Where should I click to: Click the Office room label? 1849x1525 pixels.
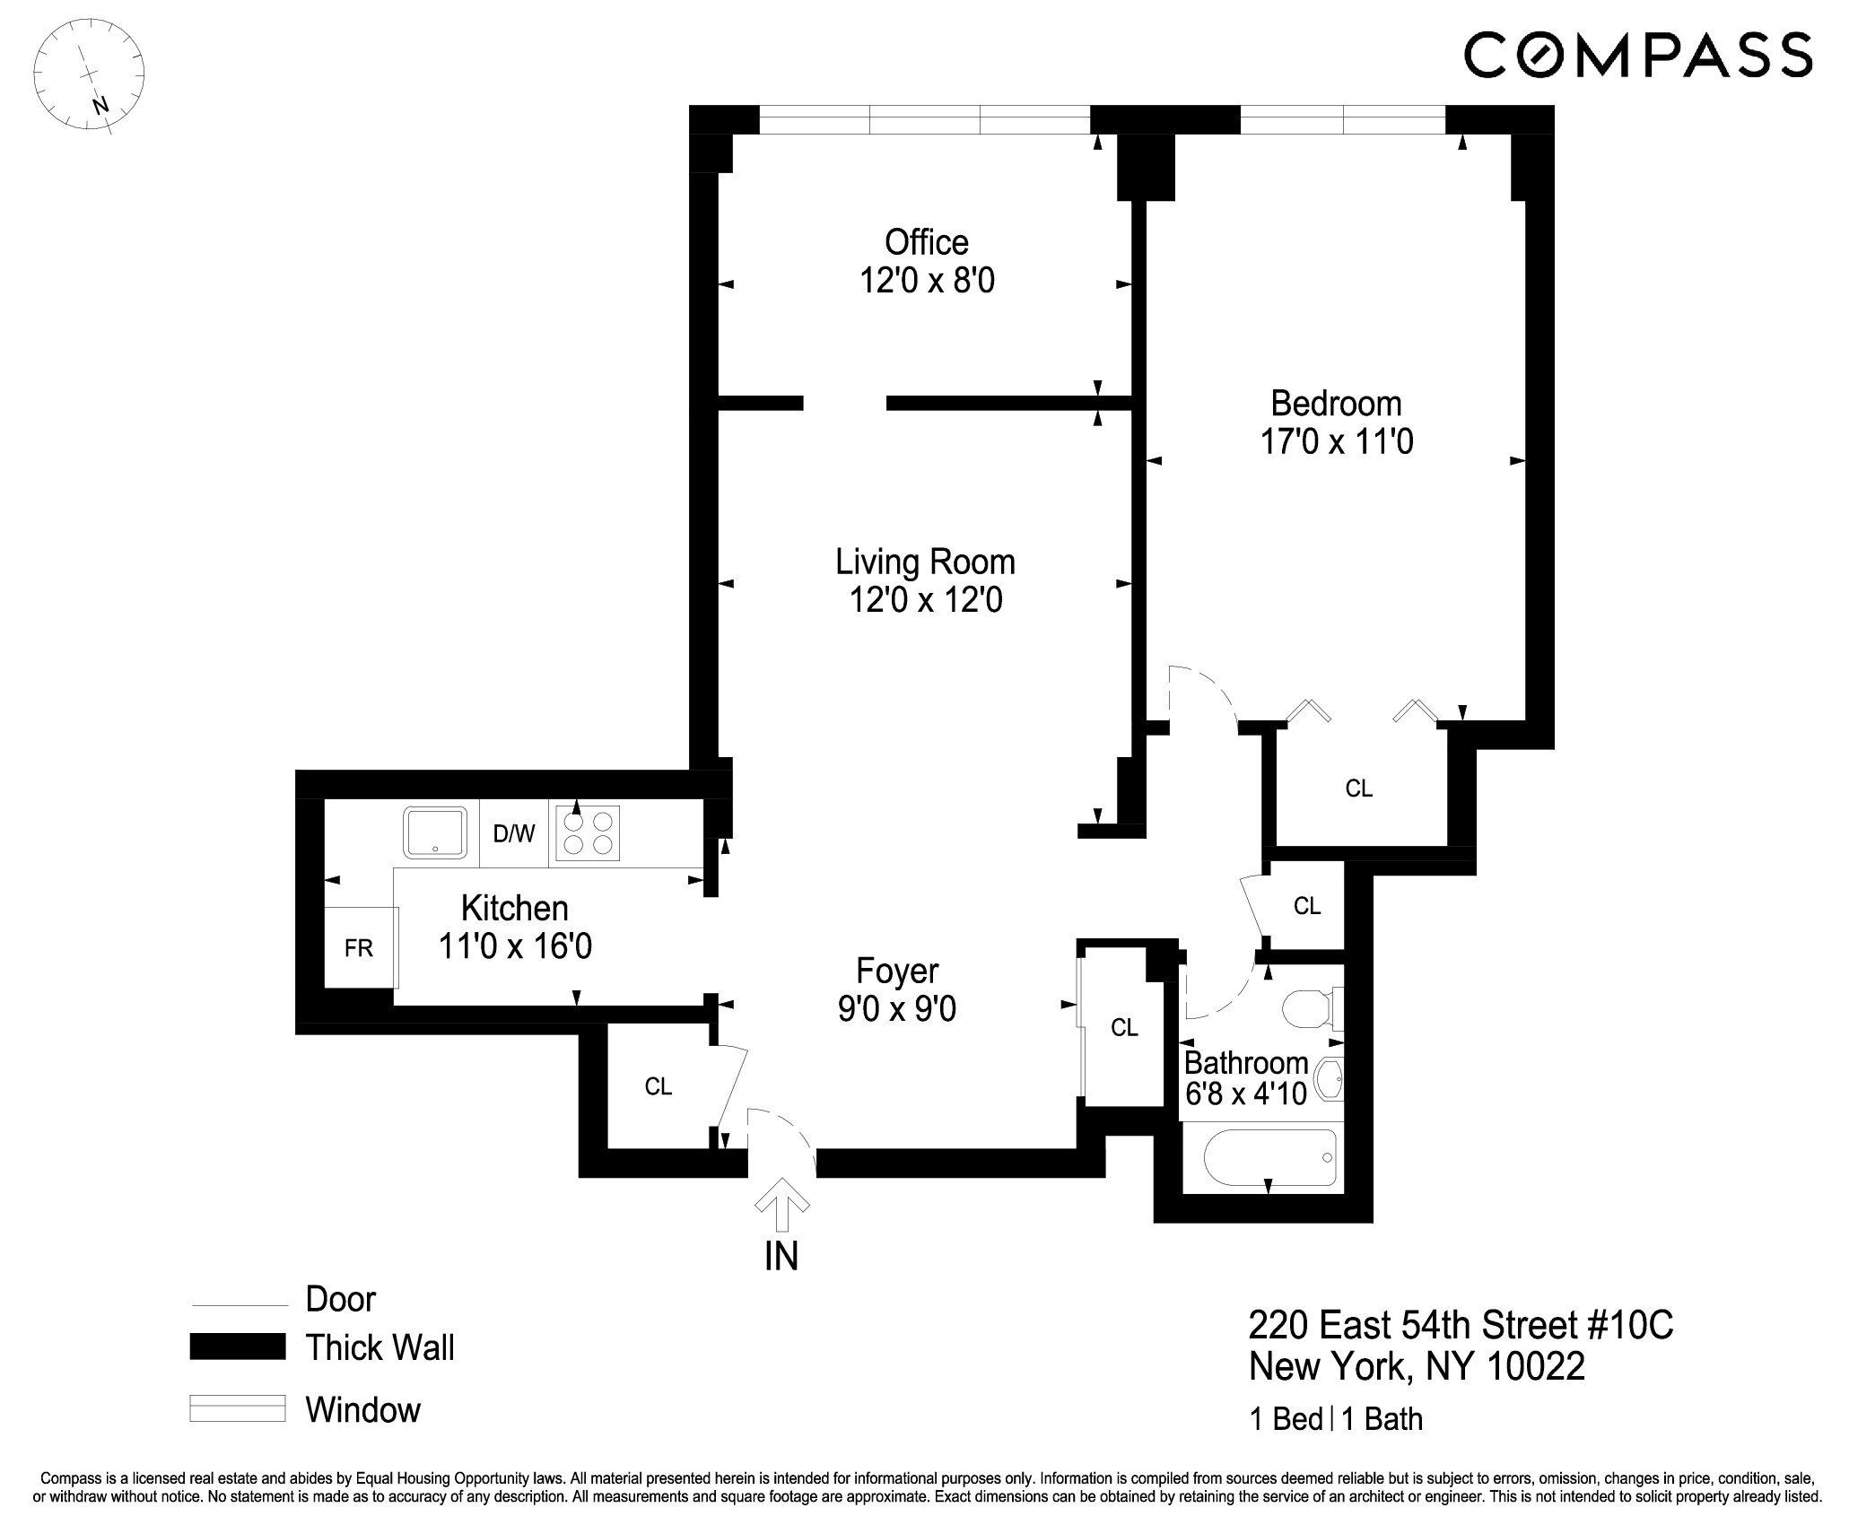pyautogui.click(x=926, y=242)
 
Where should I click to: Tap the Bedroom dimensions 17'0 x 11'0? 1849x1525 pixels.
pyautogui.click(x=1337, y=442)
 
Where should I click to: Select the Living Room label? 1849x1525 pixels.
pyautogui.click(x=925, y=562)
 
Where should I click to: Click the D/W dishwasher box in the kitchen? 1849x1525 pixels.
pyautogui.click(x=514, y=834)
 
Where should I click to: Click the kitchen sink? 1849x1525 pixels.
pyautogui.click(x=435, y=832)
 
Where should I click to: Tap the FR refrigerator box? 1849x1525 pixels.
pyautogui.click(x=359, y=948)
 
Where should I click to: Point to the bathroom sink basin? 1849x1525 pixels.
pyautogui.click(x=1328, y=1079)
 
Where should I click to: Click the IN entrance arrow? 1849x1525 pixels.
pyautogui.click(x=781, y=1205)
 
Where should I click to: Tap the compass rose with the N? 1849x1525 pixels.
pyautogui.click(x=88, y=77)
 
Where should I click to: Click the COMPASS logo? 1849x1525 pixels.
pyautogui.click(x=1638, y=55)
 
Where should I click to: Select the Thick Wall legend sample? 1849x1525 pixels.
pyautogui.click(x=237, y=1347)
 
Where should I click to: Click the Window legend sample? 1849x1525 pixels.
pyautogui.click(x=237, y=1408)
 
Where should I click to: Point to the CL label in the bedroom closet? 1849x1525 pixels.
pyautogui.click(x=1359, y=789)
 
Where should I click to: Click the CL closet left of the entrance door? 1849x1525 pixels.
pyautogui.click(x=658, y=1087)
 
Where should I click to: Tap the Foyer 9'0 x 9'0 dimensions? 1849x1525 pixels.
pyautogui.click(x=896, y=1009)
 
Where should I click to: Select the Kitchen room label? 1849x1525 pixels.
pyautogui.click(x=514, y=908)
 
